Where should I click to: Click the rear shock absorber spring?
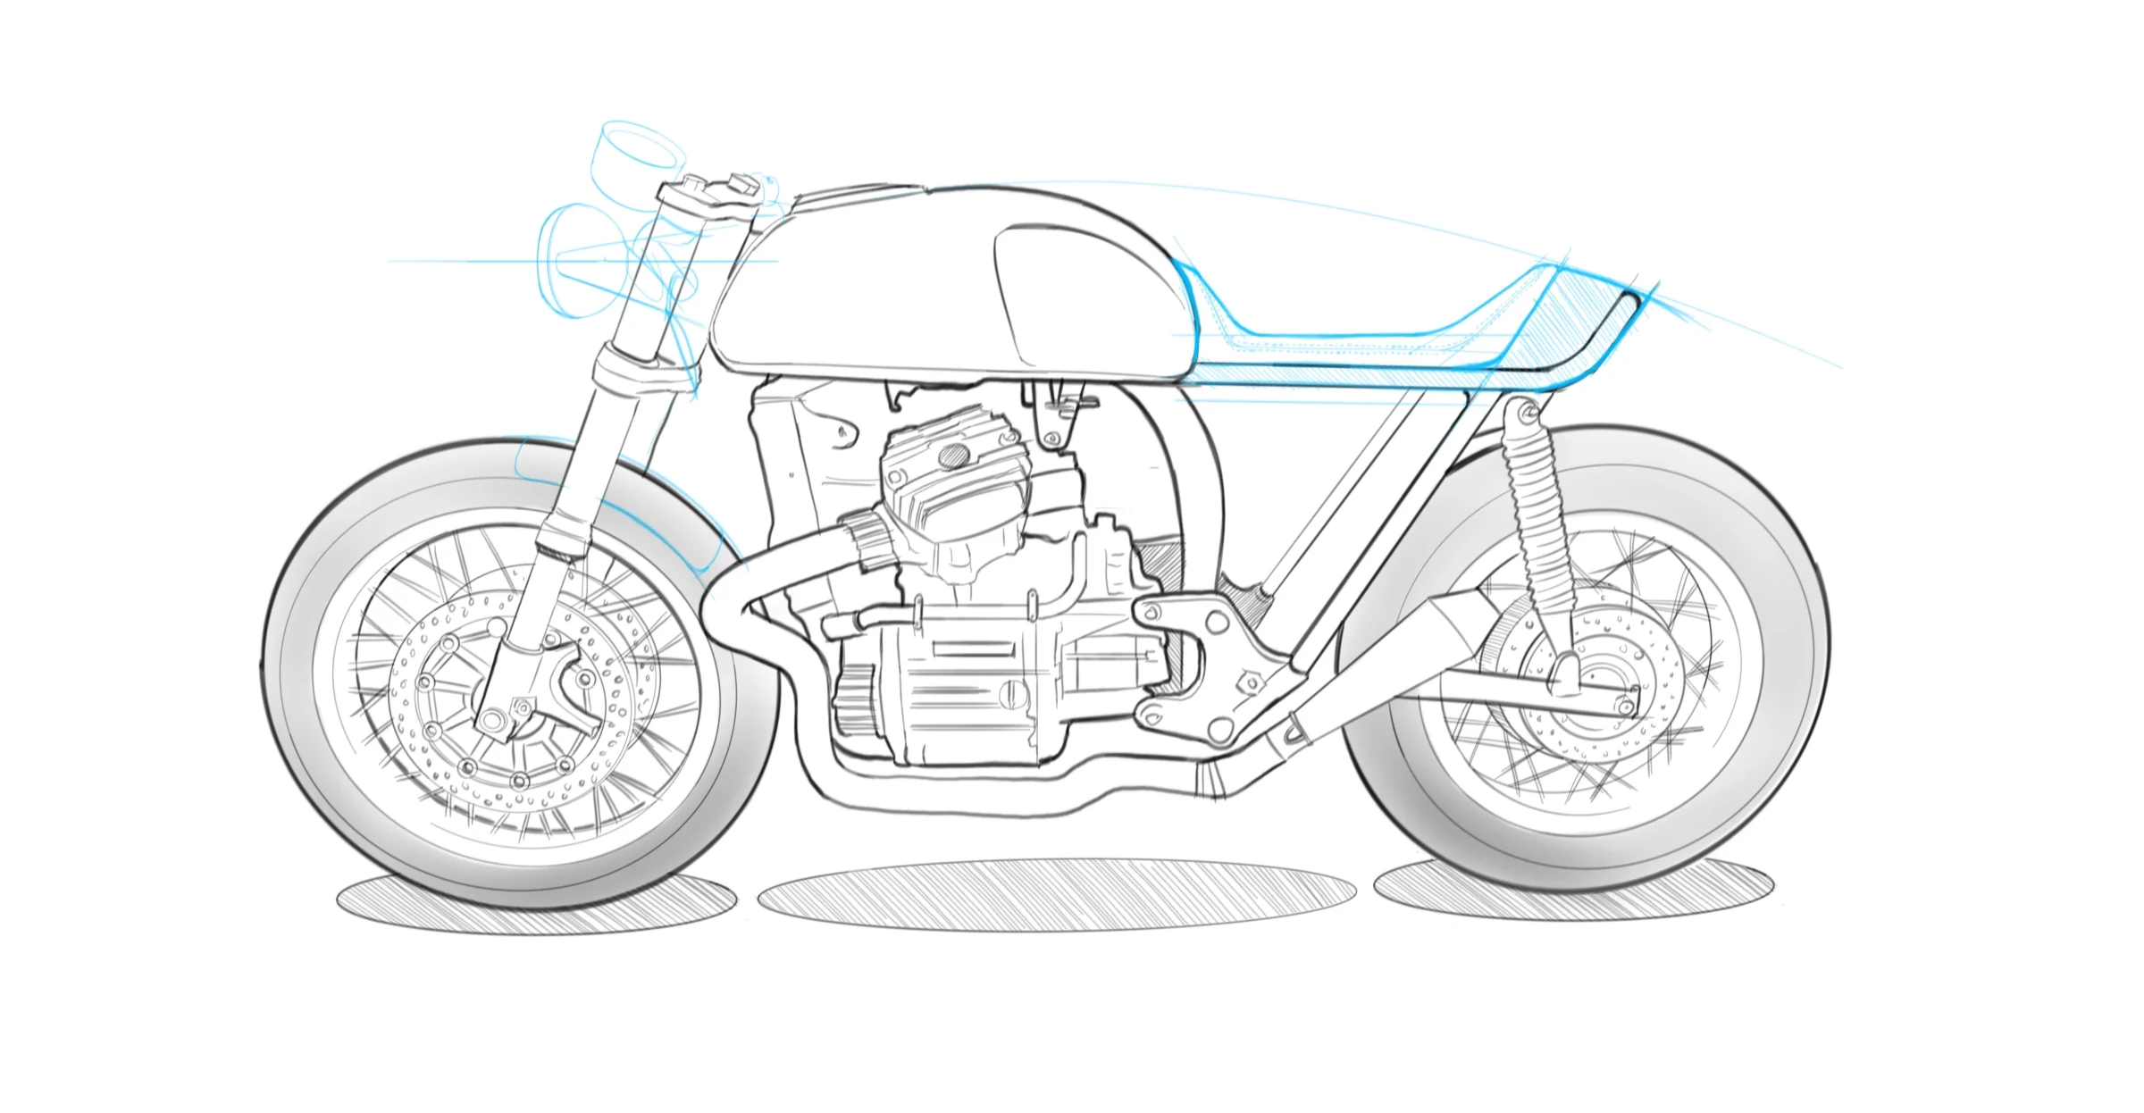click(x=1537, y=518)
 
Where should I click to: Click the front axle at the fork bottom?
click(x=490, y=719)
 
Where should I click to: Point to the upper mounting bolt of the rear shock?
click(x=1528, y=413)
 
